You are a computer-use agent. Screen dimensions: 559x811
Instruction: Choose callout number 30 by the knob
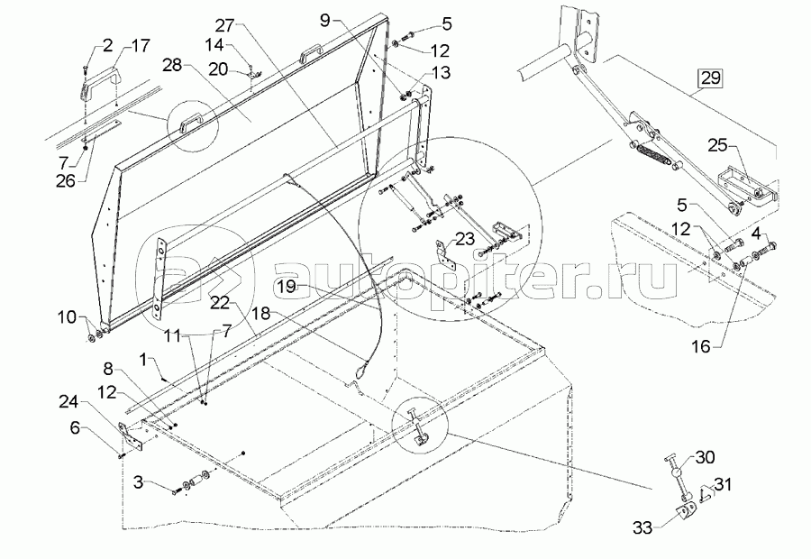(x=704, y=456)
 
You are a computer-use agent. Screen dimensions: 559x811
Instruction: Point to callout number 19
(x=286, y=288)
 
